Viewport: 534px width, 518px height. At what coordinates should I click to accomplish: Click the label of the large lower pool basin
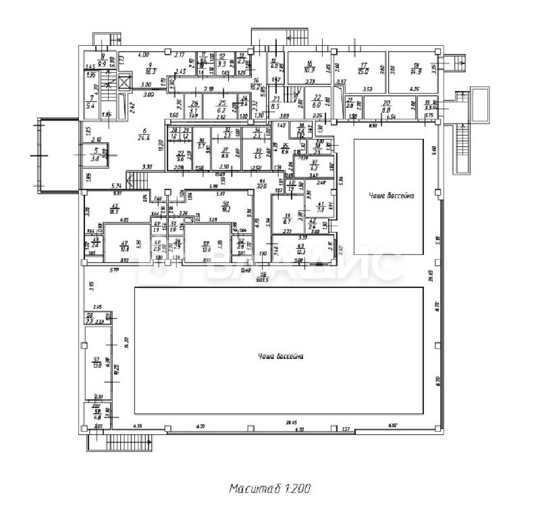[x=280, y=355]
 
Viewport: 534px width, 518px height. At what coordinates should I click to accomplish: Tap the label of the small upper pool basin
[x=391, y=195]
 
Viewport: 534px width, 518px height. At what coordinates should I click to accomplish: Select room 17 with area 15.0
[x=363, y=68]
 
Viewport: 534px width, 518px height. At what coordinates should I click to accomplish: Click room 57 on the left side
[x=97, y=362]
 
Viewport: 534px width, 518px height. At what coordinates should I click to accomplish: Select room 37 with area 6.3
[x=313, y=166]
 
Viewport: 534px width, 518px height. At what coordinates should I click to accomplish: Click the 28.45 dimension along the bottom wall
[x=292, y=423]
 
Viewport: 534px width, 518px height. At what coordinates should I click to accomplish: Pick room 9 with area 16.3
[x=151, y=67]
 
